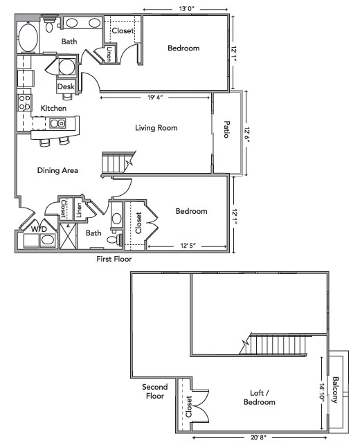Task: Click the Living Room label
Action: (x=156, y=128)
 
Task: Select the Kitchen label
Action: (x=53, y=109)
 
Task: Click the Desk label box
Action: (x=65, y=87)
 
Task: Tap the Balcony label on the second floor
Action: (x=335, y=390)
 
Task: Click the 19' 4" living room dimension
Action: (x=155, y=98)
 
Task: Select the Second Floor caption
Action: (x=153, y=392)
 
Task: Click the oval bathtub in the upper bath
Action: (x=28, y=38)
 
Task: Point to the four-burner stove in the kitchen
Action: (x=24, y=104)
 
